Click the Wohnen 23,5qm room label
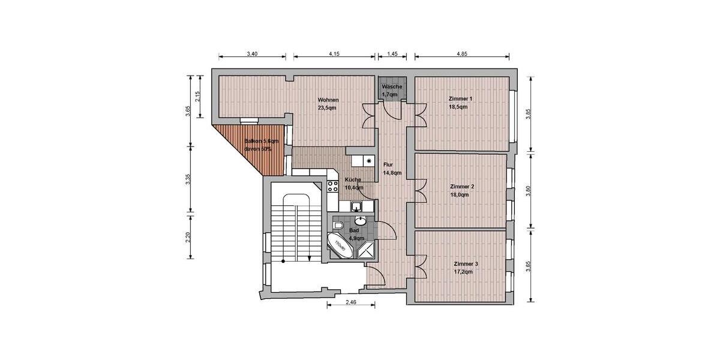[328, 104]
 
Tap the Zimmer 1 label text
[460, 102]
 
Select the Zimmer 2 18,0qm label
[462, 190]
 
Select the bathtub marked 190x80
[340, 246]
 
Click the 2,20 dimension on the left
[188, 237]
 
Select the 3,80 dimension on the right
[528, 190]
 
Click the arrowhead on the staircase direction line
[309, 259]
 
